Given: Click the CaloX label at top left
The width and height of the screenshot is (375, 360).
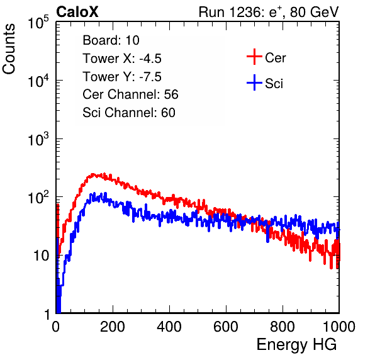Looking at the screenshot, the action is [x=77, y=12].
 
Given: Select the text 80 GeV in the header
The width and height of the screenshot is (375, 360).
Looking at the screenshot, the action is [x=315, y=12].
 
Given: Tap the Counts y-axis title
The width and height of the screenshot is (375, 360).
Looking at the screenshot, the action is [x=9, y=49].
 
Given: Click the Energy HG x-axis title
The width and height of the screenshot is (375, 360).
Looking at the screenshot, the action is [x=296, y=345].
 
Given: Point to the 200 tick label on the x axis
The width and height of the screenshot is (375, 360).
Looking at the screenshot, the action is [x=113, y=327].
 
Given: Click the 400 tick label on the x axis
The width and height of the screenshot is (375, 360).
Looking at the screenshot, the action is [x=169, y=327].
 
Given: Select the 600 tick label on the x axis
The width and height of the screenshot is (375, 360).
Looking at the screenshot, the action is [x=226, y=327].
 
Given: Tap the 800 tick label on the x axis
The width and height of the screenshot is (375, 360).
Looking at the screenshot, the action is [x=283, y=327].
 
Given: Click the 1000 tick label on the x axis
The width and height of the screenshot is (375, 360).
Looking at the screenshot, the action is [x=339, y=327].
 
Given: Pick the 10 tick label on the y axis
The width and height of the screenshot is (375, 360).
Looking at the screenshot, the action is [x=41, y=256].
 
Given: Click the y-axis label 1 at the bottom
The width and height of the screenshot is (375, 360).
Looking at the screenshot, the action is [x=48, y=314].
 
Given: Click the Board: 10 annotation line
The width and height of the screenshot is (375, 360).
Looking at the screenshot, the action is [x=111, y=40].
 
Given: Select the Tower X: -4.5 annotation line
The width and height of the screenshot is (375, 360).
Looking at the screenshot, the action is [x=122, y=59].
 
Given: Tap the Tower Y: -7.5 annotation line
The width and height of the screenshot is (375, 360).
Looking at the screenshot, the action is [x=122, y=77].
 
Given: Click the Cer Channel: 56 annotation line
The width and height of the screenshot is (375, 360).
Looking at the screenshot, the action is [x=130, y=94].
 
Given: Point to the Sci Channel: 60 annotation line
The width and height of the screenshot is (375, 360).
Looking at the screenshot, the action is [x=129, y=113].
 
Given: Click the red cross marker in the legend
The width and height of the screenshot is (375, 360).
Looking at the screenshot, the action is [x=254, y=57].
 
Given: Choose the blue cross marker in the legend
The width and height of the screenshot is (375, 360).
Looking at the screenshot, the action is [x=254, y=82].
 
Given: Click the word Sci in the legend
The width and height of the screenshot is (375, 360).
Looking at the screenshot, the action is [x=274, y=84].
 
